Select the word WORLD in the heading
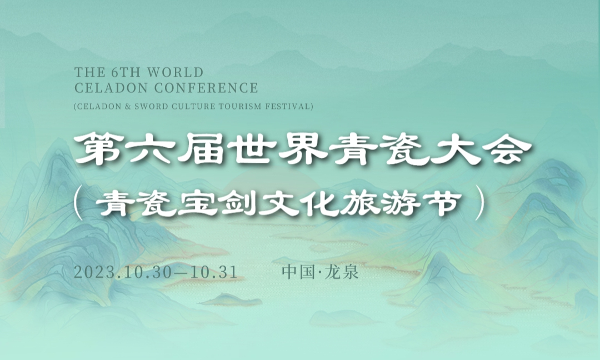coord(175,72)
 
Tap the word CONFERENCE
coord(206,88)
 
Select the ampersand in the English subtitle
coord(128,106)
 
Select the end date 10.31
coord(214,272)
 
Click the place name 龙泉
coord(342,272)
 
